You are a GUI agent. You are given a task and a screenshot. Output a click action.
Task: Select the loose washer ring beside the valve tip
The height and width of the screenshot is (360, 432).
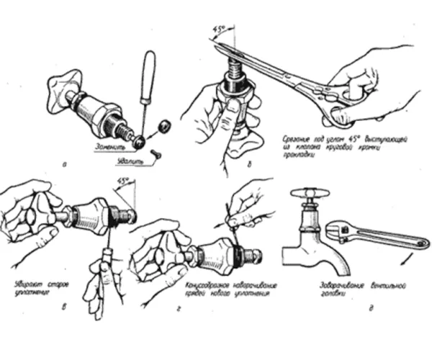pyautogui.click(x=164, y=127)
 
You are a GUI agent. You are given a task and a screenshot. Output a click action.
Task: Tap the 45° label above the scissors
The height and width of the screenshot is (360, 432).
pyautogui.click(x=216, y=31)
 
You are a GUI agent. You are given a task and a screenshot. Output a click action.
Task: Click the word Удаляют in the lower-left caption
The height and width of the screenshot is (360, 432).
pyautogui.click(x=27, y=285)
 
